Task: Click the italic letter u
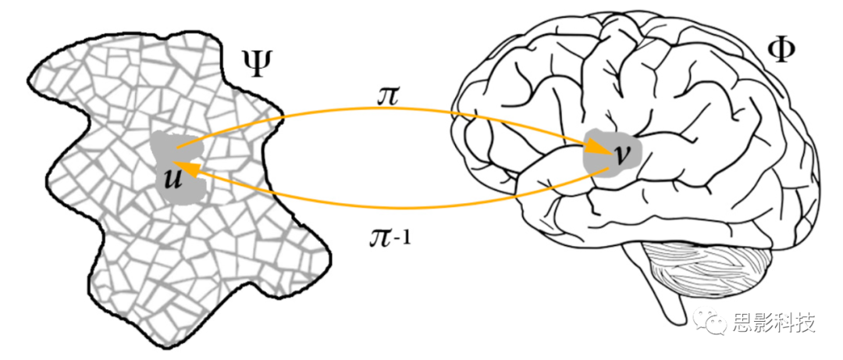(173, 179)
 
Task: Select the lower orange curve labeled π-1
(390, 206)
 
